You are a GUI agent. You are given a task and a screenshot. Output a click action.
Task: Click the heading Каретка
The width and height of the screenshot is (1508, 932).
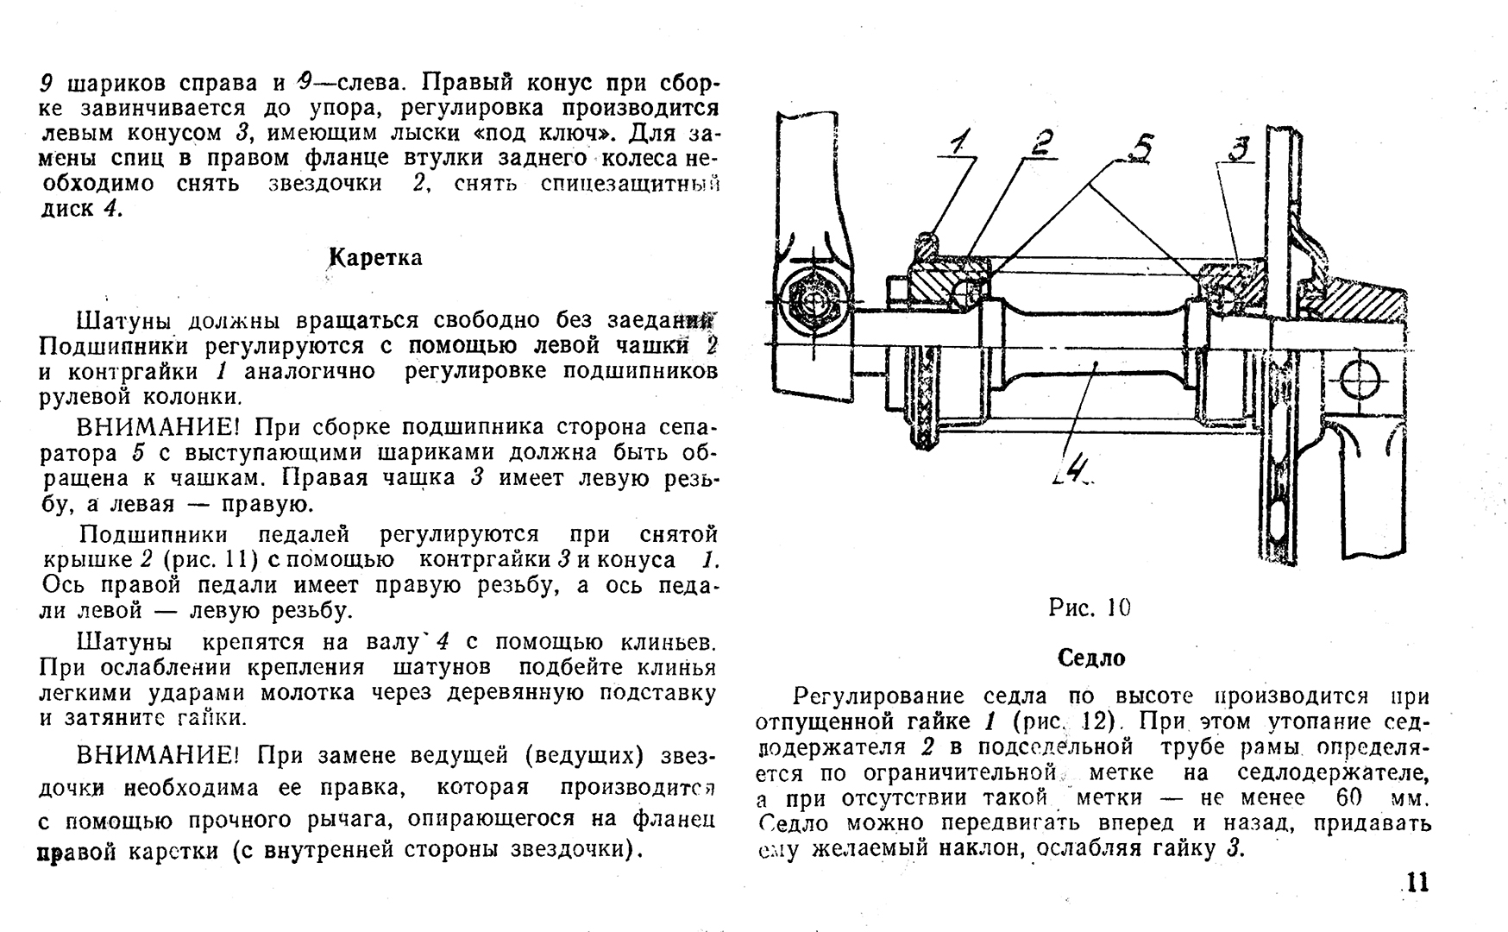click(375, 258)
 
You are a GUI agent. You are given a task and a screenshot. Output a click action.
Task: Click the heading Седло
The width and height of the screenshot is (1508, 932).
click(1091, 658)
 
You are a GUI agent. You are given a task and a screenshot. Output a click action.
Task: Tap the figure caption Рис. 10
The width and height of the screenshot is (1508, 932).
click(1090, 608)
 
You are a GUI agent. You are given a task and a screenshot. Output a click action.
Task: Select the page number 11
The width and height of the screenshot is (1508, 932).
click(1417, 883)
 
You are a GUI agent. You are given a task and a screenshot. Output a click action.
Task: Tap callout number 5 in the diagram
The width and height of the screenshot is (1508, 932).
click(1140, 148)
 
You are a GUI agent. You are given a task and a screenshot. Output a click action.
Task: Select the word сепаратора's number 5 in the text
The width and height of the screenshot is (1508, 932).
click(135, 453)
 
